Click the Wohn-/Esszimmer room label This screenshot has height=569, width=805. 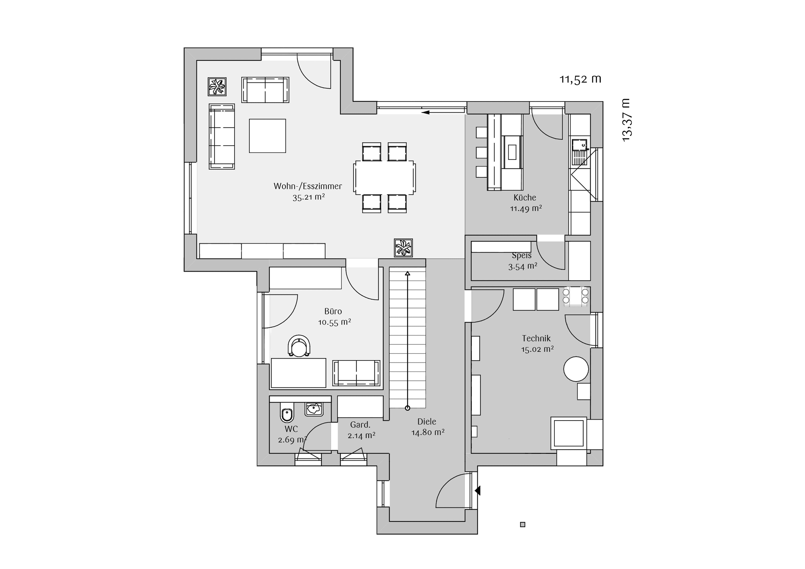pyautogui.click(x=308, y=186)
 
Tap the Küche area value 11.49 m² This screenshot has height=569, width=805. pyautogui.click(x=526, y=208)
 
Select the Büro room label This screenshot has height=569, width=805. pyautogui.click(x=333, y=311)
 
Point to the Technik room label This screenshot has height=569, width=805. pyautogui.click(x=536, y=338)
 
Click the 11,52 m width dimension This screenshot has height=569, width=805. pyautogui.click(x=580, y=79)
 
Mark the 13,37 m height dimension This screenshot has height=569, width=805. pyautogui.click(x=626, y=120)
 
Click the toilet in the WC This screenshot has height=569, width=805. pyautogui.click(x=287, y=412)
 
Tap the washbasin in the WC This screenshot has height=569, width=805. pyautogui.click(x=314, y=409)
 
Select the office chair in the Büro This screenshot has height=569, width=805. pyautogui.click(x=299, y=346)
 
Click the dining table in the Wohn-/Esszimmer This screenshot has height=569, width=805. pyautogui.click(x=385, y=177)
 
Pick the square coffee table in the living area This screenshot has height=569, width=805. pyautogui.click(x=267, y=136)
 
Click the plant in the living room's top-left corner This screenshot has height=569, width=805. pyautogui.click(x=217, y=87)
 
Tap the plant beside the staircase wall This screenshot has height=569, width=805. pyautogui.click(x=403, y=248)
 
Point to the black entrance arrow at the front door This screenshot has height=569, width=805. pyautogui.click(x=477, y=490)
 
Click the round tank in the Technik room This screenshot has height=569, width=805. pyautogui.click(x=576, y=369)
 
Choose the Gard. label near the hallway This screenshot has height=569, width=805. pyautogui.click(x=360, y=425)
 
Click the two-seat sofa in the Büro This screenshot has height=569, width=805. pyautogui.click(x=356, y=373)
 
